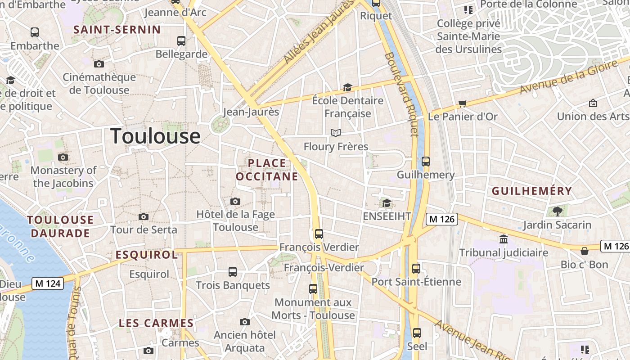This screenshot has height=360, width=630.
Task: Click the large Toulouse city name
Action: click(x=155, y=136)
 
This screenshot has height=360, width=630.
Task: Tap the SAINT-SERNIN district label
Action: click(x=117, y=30)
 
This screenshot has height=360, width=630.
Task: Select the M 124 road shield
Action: click(x=47, y=283)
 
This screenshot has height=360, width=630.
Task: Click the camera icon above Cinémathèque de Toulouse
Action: click(x=99, y=64)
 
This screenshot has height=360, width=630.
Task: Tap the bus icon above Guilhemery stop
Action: click(x=426, y=161)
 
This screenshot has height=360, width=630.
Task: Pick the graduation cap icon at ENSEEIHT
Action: click(x=387, y=203)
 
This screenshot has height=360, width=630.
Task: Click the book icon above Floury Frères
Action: click(x=336, y=133)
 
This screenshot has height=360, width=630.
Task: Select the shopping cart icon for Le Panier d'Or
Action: click(x=462, y=104)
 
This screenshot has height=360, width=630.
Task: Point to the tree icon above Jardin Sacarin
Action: click(x=557, y=211)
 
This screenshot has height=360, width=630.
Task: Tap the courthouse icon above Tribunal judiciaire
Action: click(x=504, y=239)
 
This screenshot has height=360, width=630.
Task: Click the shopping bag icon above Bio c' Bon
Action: click(x=585, y=251)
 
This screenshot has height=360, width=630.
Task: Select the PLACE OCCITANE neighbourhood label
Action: click(x=267, y=170)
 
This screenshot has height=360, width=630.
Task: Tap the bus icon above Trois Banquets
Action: click(x=233, y=272)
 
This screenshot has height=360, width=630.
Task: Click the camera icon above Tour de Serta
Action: click(x=144, y=217)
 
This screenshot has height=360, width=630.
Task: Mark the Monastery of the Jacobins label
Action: click(x=63, y=177)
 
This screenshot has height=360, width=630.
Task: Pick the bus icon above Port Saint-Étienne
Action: click(x=416, y=269)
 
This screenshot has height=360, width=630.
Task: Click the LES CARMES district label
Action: click(x=156, y=323)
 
